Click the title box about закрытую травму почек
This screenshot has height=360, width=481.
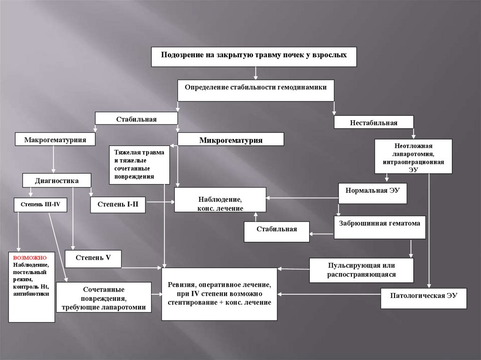(x=254, y=56)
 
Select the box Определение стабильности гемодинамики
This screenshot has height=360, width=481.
(x=256, y=89)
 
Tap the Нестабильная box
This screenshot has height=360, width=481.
(x=373, y=123)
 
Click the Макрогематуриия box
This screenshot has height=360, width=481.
(x=55, y=139)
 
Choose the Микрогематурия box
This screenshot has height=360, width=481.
(x=231, y=139)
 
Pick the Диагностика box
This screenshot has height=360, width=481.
(x=56, y=180)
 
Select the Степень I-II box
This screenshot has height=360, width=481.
(x=118, y=204)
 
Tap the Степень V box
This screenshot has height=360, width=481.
(x=93, y=258)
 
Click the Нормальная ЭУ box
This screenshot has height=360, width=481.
(x=372, y=192)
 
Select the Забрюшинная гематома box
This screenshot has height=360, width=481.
(x=380, y=227)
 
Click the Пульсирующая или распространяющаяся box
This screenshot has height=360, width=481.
(x=361, y=270)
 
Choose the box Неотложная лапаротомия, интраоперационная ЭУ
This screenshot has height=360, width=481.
(x=413, y=157)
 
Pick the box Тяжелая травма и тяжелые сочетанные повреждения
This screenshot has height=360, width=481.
(x=140, y=164)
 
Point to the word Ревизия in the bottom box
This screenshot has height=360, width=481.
(x=181, y=285)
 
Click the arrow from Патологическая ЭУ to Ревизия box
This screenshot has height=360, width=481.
(x=329, y=294)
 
